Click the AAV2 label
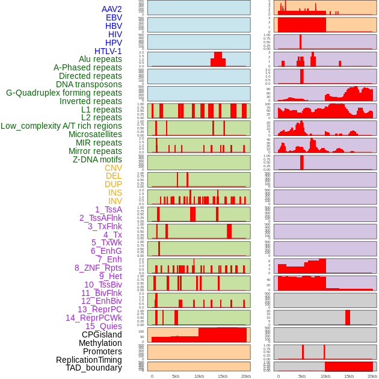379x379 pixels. (x=111, y=9)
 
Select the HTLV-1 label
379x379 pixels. (x=108, y=51)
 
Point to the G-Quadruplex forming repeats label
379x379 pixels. (x=64, y=93)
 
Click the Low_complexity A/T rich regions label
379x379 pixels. (x=61, y=126)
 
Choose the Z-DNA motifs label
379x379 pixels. (x=97, y=159)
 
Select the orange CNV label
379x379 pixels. (x=113, y=168)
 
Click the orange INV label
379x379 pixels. (x=115, y=201)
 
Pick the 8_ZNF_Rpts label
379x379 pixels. (x=98, y=268)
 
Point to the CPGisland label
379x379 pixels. (x=102, y=334)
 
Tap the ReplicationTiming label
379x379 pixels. (x=88, y=360)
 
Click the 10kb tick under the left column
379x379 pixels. (x=199, y=376)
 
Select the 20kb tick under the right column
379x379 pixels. (x=372, y=376)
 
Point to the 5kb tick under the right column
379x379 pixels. (x=302, y=376)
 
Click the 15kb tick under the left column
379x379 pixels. (x=223, y=376)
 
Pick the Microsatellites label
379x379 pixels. (x=95, y=134)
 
